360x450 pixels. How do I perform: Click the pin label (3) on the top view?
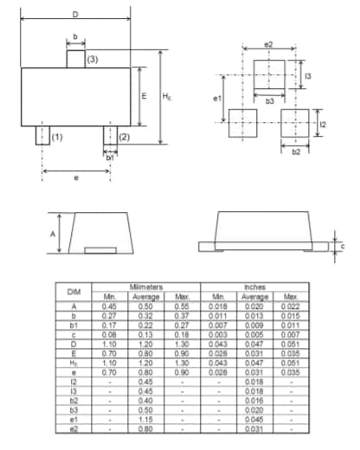(93, 59)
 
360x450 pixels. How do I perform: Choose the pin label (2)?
(125, 137)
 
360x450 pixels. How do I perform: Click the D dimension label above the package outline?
(75, 15)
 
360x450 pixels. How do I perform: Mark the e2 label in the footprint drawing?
(268, 43)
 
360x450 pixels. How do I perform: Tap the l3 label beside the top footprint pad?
(308, 77)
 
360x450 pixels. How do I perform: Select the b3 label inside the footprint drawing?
(270, 101)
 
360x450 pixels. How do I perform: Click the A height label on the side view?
(52, 234)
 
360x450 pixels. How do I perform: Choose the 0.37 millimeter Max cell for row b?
(182, 314)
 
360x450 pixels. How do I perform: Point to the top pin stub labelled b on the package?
(76, 58)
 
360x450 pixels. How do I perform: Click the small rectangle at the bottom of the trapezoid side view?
(100, 250)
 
